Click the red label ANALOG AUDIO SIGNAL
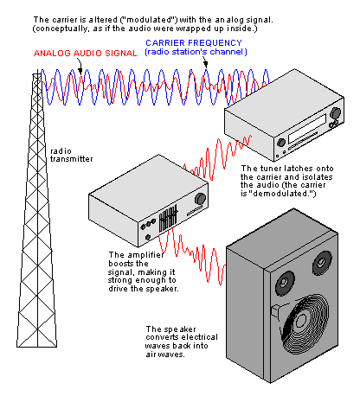pos(86,54)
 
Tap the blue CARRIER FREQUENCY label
pos(194,43)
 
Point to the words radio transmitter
pos(71,155)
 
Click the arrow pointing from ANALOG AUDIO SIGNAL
pos(80,67)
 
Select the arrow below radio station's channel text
pos(205,62)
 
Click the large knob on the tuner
pos(335,112)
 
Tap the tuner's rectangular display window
pos(307,128)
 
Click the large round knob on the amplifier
pos(200,199)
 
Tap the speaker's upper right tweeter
pos(322,262)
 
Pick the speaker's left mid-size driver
pos(285,284)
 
